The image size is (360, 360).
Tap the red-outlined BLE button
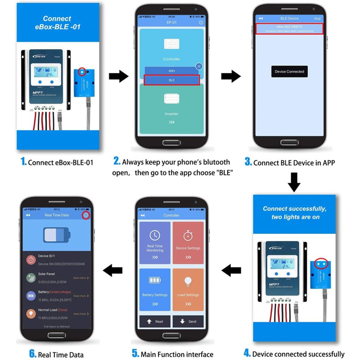point(171,80)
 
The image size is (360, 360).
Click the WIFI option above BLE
point(171,70)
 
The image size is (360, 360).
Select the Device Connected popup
point(289,72)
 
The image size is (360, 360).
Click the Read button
point(155,321)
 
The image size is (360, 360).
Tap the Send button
point(188,321)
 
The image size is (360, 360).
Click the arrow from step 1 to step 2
point(118,76)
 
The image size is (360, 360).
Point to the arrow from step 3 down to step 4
point(294,181)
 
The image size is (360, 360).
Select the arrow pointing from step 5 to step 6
point(112,270)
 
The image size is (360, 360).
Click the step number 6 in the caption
point(32,354)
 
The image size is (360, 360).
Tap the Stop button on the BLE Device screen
point(317,18)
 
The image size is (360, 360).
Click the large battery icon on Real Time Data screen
point(57,235)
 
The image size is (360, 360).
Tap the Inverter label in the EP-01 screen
point(171,114)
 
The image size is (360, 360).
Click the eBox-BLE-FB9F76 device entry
point(289,27)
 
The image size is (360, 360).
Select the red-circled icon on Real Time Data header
point(85,216)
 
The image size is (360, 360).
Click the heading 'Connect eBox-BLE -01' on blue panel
point(57,22)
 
